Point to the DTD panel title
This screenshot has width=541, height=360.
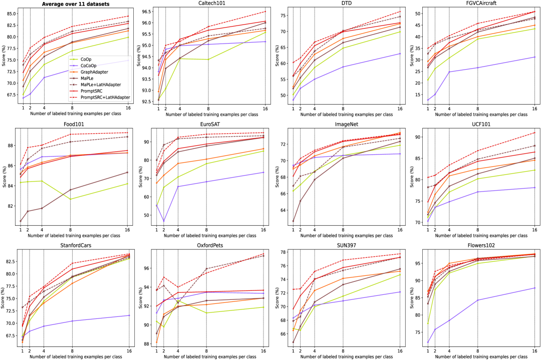click(345, 5)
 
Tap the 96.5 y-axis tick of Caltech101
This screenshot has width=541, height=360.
click(146, 12)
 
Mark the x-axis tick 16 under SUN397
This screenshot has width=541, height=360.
click(399, 350)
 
